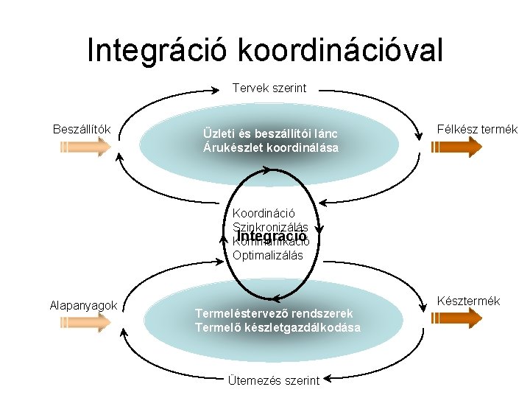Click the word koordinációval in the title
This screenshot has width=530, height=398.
[x=340, y=50]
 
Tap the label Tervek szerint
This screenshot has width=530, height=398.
[x=269, y=88]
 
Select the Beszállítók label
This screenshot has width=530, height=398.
[x=82, y=130]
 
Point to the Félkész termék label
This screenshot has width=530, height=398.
[x=477, y=130]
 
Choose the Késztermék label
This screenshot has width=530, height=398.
[x=469, y=301]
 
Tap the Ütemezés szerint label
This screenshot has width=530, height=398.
[x=274, y=380]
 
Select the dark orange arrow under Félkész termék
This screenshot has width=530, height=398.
[x=456, y=147]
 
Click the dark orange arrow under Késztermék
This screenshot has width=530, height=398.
[x=456, y=318]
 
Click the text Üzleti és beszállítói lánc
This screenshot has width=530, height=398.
[x=270, y=133]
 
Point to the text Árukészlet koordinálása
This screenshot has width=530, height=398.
[x=271, y=147]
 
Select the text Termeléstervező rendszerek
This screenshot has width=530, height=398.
[x=274, y=313]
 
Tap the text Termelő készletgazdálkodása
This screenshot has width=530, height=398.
[x=278, y=327]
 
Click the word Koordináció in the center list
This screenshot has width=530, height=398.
[x=264, y=214]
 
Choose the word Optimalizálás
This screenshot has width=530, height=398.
[x=267, y=256]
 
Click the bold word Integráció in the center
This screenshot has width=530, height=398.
[x=270, y=236]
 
